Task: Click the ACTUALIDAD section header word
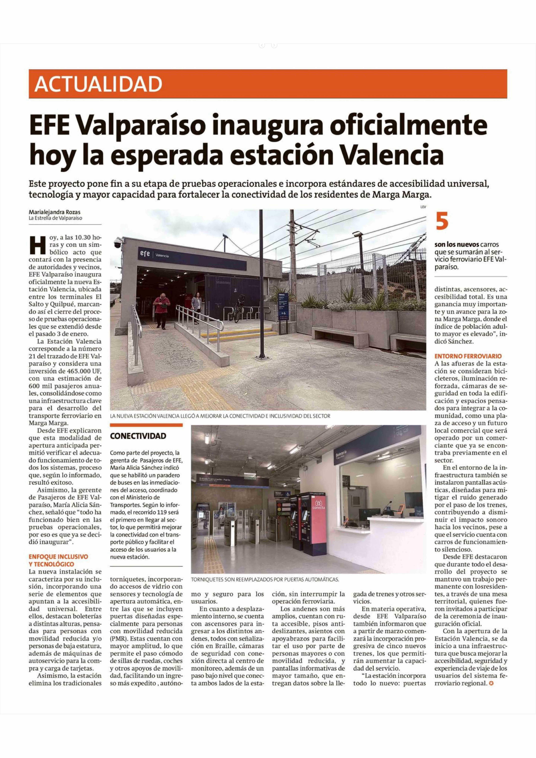(98, 84)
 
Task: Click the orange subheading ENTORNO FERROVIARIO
(468, 356)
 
